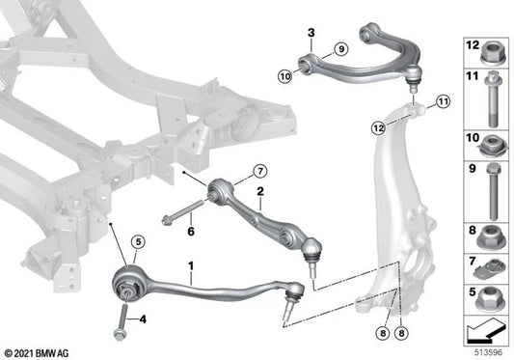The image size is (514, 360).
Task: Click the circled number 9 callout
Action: pyautogui.click(x=341, y=49)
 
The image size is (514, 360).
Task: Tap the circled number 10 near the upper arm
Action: pyautogui.click(x=285, y=76)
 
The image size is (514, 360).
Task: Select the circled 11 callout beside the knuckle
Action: pyautogui.click(x=444, y=101)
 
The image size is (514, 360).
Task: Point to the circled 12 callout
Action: pyautogui.click(x=378, y=128)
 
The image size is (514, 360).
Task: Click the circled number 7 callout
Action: pyautogui.click(x=260, y=171)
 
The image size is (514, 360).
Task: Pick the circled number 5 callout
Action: pyautogui.click(x=138, y=242)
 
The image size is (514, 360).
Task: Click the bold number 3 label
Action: pyautogui.click(x=311, y=33)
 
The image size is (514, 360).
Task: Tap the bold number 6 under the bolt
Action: pyautogui.click(x=191, y=232)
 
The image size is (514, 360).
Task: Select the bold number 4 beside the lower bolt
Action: pyautogui.click(x=143, y=318)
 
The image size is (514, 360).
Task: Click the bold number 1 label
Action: pyautogui.click(x=191, y=265)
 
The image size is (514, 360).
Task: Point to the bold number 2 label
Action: pyautogui.click(x=260, y=191)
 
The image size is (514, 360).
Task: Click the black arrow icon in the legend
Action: pyautogui.click(x=485, y=331)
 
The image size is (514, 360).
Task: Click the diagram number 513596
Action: pyautogui.click(x=488, y=353)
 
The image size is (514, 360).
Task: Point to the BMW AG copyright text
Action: pyautogui.click(x=37, y=353)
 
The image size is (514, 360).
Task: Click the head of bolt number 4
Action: pyautogui.click(x=120, y=335)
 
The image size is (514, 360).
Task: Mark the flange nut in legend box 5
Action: pyautogui.click(x=489, y=299)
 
